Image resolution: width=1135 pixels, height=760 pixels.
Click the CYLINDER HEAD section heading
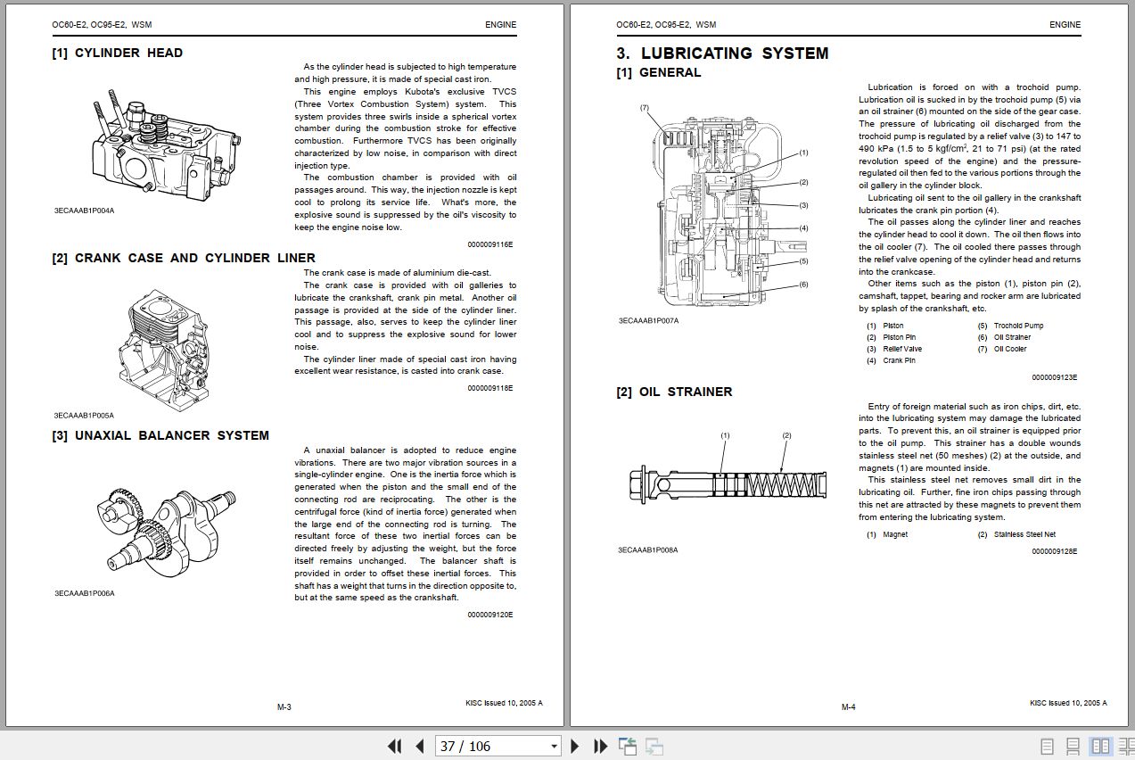coord(118,53)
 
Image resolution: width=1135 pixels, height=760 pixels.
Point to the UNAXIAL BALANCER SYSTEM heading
coord(160,435)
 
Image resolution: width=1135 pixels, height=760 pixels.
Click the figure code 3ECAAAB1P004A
coord(85,211)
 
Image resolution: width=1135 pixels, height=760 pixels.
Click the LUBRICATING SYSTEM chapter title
coord(722,54)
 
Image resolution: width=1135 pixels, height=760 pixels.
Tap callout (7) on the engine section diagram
coord(644,108)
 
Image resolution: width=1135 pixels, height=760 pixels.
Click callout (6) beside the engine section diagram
coord(803,285)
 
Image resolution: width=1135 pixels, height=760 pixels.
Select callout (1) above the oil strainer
coord(725,435)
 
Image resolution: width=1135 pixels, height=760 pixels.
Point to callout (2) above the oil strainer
coord(786,435)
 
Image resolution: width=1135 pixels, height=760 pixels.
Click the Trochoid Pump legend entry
coord(1018,326)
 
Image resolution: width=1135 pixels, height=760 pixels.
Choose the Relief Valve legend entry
coord(902,349)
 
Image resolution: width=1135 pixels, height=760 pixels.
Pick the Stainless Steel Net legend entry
coord(1024,534)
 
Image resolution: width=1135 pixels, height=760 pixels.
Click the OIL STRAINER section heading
coord(674,392)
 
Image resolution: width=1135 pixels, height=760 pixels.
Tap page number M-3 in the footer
coord(284,707)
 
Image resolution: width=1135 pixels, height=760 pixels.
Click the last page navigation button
coord(600,746)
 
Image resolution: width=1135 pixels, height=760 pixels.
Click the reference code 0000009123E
coord(1054,377)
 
